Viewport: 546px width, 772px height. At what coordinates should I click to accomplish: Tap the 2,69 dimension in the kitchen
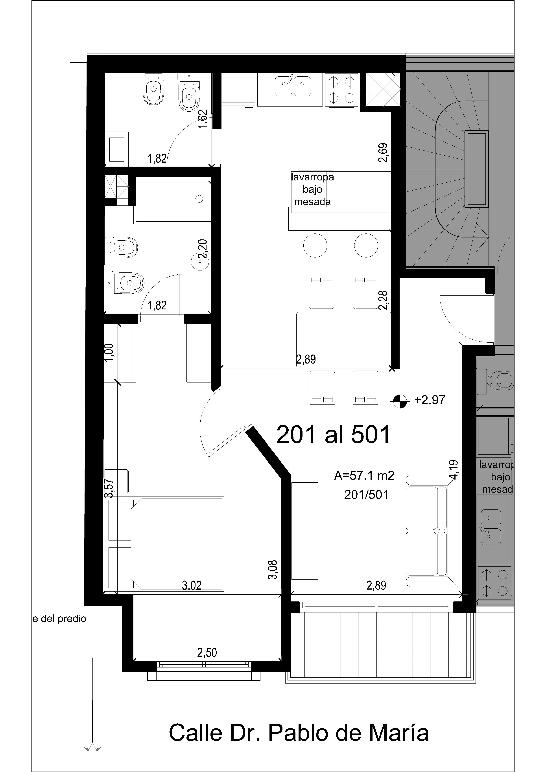[383, 153]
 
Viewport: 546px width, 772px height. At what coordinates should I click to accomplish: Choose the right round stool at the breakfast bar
[366, 245]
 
